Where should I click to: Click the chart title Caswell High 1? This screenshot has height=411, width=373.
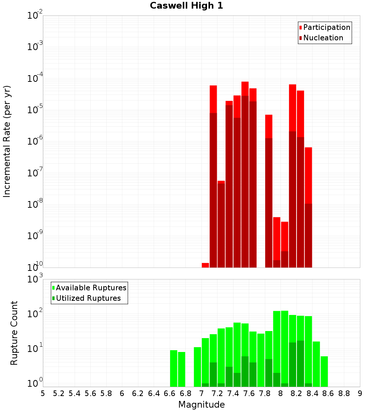186,6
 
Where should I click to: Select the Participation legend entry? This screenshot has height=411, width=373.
327,28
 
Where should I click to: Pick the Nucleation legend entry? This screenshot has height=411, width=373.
323,38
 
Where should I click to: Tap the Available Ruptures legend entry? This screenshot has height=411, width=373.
91,288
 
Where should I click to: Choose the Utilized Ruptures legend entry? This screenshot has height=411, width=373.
88,299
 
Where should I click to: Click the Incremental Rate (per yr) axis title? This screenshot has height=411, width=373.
7,142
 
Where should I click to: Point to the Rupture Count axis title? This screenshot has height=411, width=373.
14,333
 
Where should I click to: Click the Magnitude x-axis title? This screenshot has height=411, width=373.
201,405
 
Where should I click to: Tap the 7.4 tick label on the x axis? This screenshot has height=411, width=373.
233,393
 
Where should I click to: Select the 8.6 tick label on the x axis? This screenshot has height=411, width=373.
328,393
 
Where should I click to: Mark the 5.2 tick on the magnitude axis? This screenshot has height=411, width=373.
59,393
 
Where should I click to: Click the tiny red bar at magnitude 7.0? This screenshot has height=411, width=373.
205,265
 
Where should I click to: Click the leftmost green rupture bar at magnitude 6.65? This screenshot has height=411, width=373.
173,368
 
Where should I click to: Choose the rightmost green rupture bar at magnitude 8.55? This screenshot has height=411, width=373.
324,371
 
